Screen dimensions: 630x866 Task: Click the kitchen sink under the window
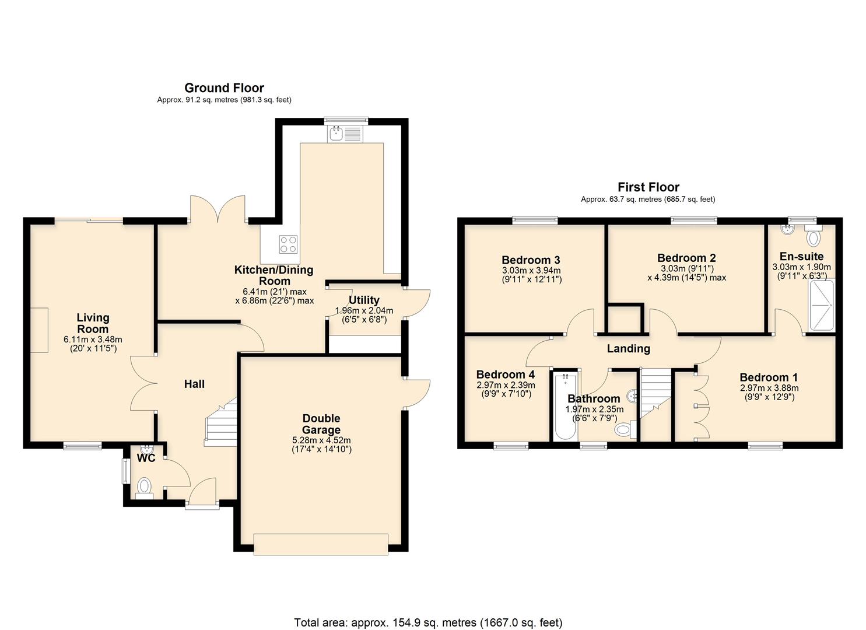point(345,135)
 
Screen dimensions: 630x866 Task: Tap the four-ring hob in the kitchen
point(288,244)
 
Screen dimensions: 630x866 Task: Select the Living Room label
point(93,323)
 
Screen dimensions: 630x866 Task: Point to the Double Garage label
point(321,424)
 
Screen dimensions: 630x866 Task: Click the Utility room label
point(364,300)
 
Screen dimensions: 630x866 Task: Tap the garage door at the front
point(321,544)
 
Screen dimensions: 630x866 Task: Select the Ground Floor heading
point(224,88)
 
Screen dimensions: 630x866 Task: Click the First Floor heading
point(648,187)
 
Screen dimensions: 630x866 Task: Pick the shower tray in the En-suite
point(822,306)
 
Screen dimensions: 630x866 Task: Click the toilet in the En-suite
point(814,237)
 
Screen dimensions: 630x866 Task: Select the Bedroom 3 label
point(531,260)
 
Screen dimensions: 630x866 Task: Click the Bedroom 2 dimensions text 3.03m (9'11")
point(686,268)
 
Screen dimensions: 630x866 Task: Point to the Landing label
point(628,349)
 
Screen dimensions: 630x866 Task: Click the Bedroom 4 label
point(505,374)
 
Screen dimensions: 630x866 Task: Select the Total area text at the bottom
point(428,622)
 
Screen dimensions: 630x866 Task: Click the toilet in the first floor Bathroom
point(624,430)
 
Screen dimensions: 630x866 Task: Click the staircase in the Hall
point(220,423)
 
